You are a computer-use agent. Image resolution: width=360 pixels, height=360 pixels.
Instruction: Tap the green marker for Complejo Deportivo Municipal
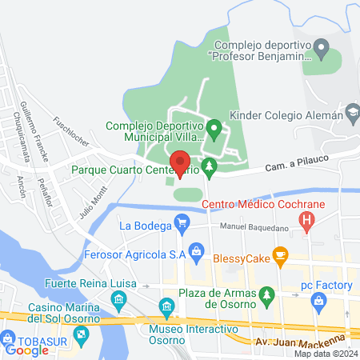[214, 127]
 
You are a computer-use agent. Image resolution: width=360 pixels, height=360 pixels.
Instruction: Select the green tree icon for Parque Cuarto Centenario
[209, 168]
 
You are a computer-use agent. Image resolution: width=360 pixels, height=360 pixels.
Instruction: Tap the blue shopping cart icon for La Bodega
[182, 224]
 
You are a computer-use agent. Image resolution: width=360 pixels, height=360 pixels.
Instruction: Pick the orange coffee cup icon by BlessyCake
[280, 256]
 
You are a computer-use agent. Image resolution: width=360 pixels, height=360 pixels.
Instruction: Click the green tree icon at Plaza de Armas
[266, 296]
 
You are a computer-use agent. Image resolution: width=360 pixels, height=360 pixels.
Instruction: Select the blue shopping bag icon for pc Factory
[319, 301]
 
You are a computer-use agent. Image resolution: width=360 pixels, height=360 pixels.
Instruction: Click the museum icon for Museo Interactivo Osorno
[167, 306]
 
